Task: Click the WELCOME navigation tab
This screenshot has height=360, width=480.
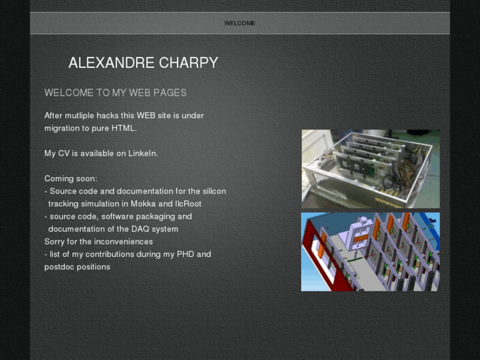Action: (240, 23)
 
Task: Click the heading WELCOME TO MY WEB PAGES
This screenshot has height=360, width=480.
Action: (116, 93)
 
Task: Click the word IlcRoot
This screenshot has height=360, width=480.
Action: (188, 204)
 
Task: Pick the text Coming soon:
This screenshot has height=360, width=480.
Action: (71, 178)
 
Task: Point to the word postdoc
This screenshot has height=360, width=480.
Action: (59, 267)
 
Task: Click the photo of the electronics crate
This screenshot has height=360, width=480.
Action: (370, 169)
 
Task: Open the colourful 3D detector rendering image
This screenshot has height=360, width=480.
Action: (370, 252)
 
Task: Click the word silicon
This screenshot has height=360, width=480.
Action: (213, 191)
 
